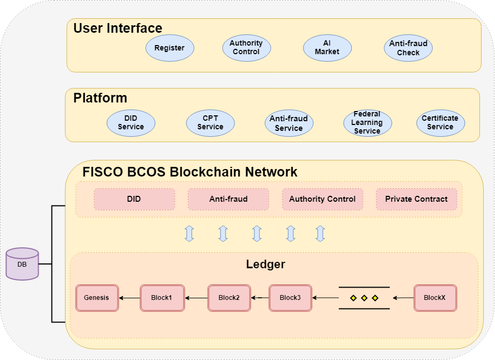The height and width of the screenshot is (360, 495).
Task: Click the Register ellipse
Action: click(170, 48)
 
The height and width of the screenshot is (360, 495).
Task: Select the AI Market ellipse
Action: click(327, 48)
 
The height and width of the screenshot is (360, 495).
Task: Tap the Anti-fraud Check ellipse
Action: click(408, 48)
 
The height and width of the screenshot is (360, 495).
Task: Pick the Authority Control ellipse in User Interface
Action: click(246, 48)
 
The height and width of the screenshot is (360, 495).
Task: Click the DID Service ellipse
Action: click(131, 123)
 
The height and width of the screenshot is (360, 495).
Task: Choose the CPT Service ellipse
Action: click(210, 123)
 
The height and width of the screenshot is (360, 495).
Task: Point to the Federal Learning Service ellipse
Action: click(367, 123)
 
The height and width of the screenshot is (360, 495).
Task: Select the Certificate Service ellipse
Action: click(440, 123)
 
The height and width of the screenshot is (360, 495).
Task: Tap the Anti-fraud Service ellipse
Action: click(289, 124)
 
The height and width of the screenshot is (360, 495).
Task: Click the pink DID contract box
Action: click(134, 199)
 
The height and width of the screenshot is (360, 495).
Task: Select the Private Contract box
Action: click(416, 199)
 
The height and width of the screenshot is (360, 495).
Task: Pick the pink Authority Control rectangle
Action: click(322, 199)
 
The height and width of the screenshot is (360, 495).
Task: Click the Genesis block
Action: click(97, 298)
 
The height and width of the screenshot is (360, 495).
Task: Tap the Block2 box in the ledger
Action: click(229, 298)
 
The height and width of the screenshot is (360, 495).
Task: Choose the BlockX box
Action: click(435, 298)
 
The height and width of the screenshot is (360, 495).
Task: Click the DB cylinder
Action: click(22, 264)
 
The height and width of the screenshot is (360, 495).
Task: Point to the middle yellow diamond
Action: click(364, 298)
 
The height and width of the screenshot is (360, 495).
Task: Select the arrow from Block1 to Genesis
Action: click(129, 298)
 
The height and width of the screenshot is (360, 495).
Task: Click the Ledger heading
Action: click(265, 265)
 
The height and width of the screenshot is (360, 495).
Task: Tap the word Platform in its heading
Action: click(100, 98)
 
